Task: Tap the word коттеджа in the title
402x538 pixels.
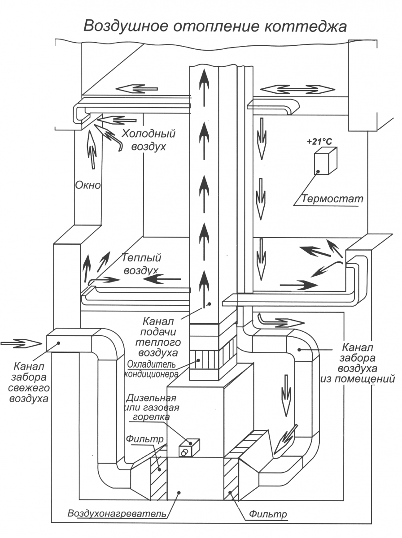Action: click(x=305, y=26)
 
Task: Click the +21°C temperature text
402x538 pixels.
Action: click(x=319, y=142)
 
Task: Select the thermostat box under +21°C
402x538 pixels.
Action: click(x=326, y=161)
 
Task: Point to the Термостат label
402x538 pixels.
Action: click(x=332, y=198)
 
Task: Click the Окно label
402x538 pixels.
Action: click(x=88, y=185)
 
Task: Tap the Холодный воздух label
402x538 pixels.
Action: click(x=149, y=140)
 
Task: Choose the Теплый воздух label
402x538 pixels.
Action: click(x=141, y=264)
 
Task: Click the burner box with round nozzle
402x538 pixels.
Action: click(x=189, y=447)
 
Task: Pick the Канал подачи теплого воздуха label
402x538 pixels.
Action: click(x=158, y=337)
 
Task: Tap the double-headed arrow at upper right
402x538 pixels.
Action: click(x=297, y=89)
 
